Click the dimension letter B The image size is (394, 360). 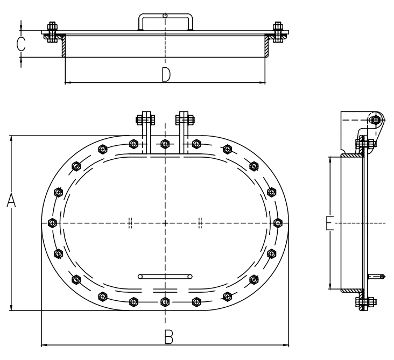coord(168,337)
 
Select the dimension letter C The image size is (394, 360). coord(21,44)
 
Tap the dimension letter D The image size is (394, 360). coord(166,74)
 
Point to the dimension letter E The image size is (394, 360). coord(329,223)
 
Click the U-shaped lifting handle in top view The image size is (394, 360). coord(165,22)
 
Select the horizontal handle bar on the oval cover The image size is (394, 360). coord(165,277)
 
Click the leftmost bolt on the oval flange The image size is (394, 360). coord(52,223)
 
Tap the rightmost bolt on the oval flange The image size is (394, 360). coord(278,223)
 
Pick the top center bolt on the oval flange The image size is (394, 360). coord(165,144)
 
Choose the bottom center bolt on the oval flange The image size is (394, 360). coord(165,302)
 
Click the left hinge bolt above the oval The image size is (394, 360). coord(145,119)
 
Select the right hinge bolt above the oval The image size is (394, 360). coord(185,119)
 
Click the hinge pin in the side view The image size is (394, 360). coord(375,120)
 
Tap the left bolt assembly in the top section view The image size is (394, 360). coord(53,32)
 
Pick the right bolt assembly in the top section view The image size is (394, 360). coord(278,32)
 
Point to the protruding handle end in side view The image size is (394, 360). coord(376,277)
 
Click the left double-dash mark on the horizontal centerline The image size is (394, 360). coord(130,223)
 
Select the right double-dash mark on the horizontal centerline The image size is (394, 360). coord(200,223)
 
